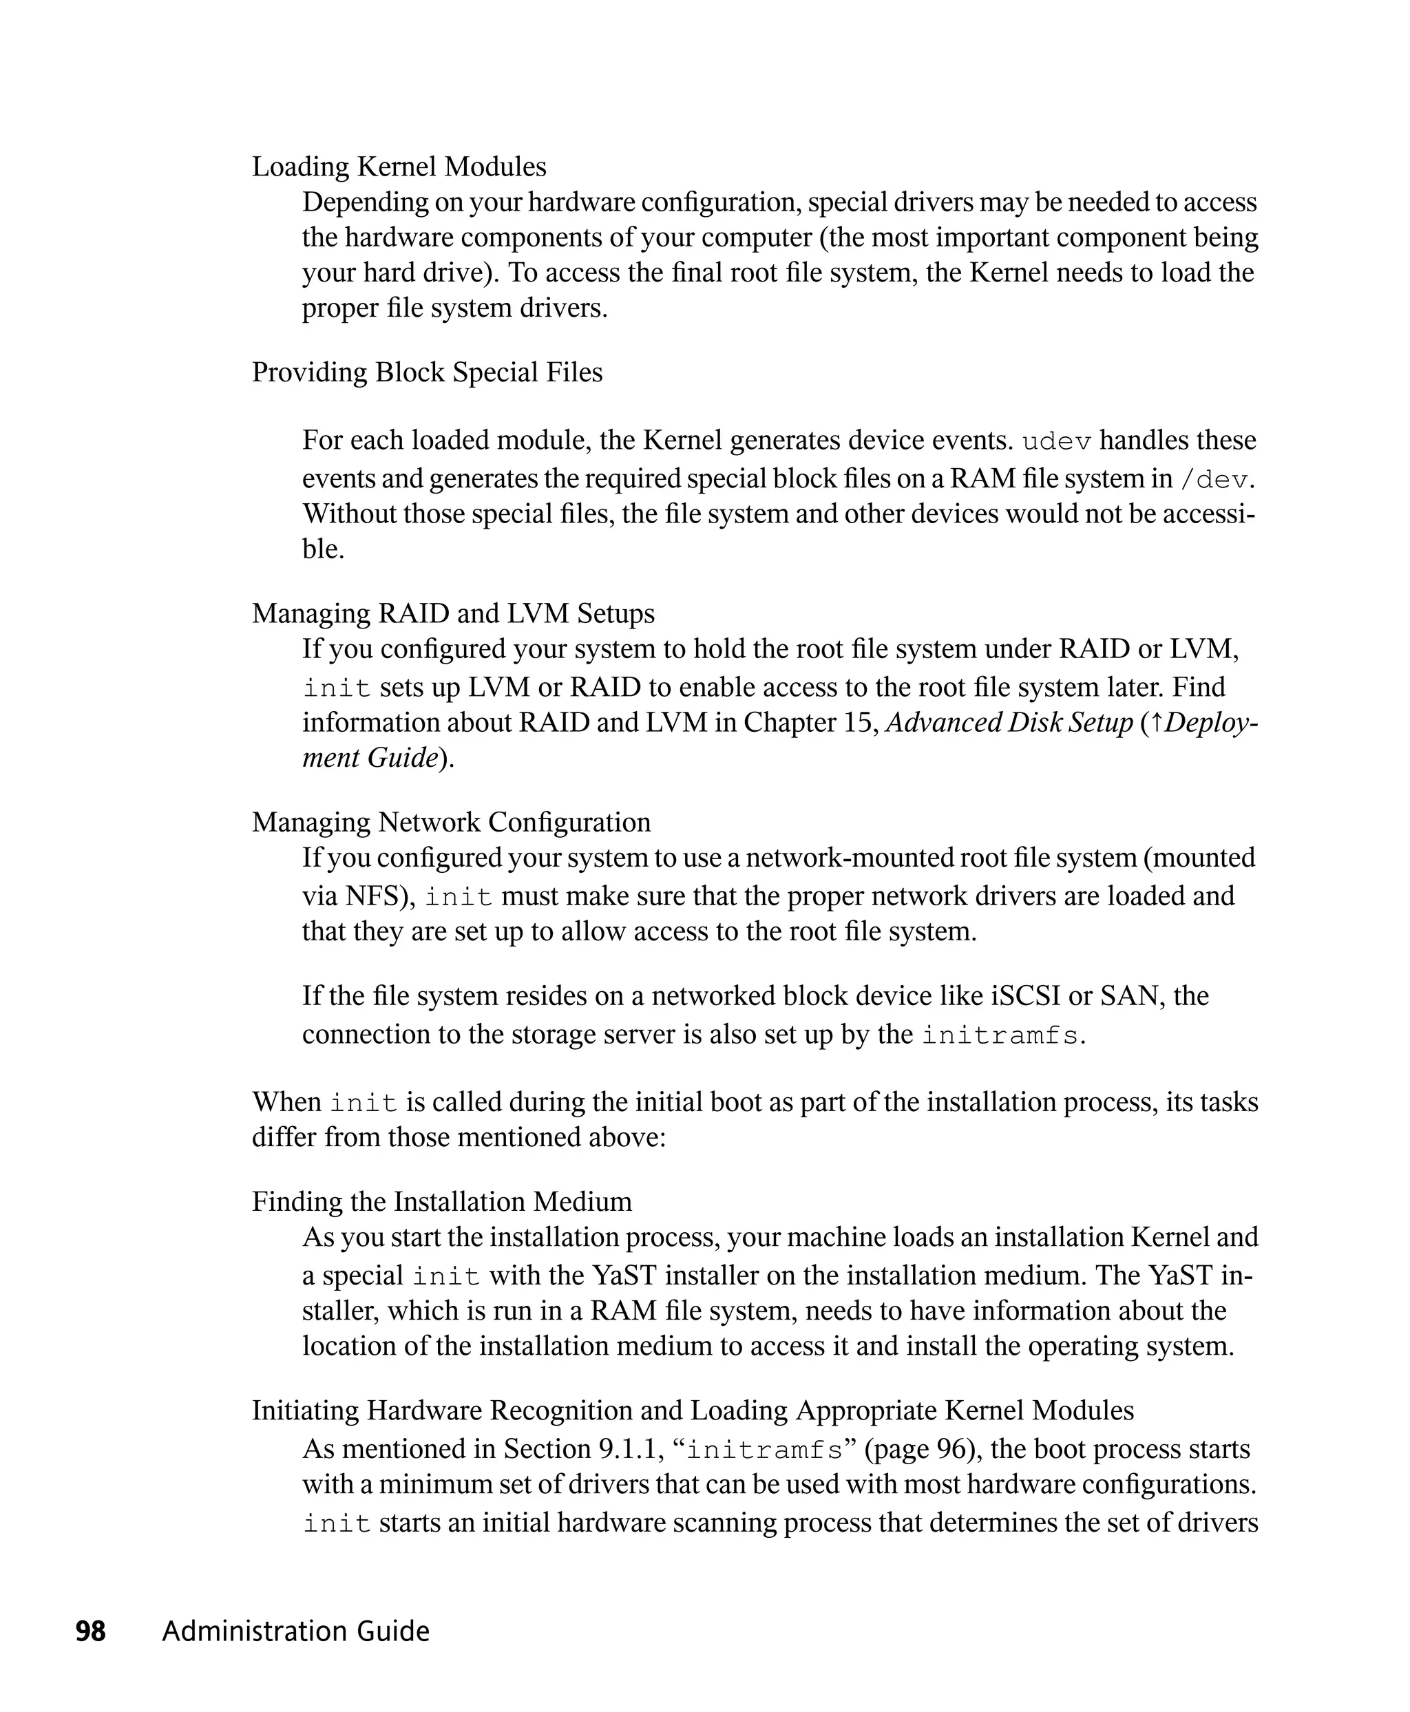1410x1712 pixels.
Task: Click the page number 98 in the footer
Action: click(x=90, y=1631)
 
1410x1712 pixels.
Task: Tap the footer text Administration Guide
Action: click(x=295, y=1631)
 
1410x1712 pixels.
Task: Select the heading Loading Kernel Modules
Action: click(x=399, y=167)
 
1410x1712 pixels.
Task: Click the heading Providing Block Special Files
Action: click(x=428, y=372)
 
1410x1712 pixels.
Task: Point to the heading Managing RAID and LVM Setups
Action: click(x=453, y=613)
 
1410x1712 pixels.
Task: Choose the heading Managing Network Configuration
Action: click(x=451, y=822)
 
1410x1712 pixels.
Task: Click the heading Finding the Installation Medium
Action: click(x=442, y=1201)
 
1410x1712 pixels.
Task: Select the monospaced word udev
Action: click(x=1057, y=442)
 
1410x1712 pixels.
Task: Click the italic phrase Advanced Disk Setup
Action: click(x=1009, y=722)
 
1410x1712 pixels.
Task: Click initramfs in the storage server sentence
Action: click(x=1000, y=1035)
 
